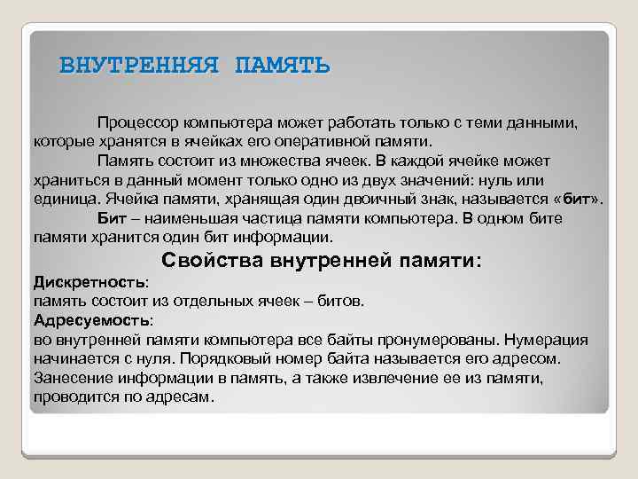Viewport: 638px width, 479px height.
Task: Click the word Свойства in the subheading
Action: click(214, 261)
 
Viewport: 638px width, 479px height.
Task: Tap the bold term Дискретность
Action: click(89, 282)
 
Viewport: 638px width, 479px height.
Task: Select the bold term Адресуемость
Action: click(91, 320)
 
